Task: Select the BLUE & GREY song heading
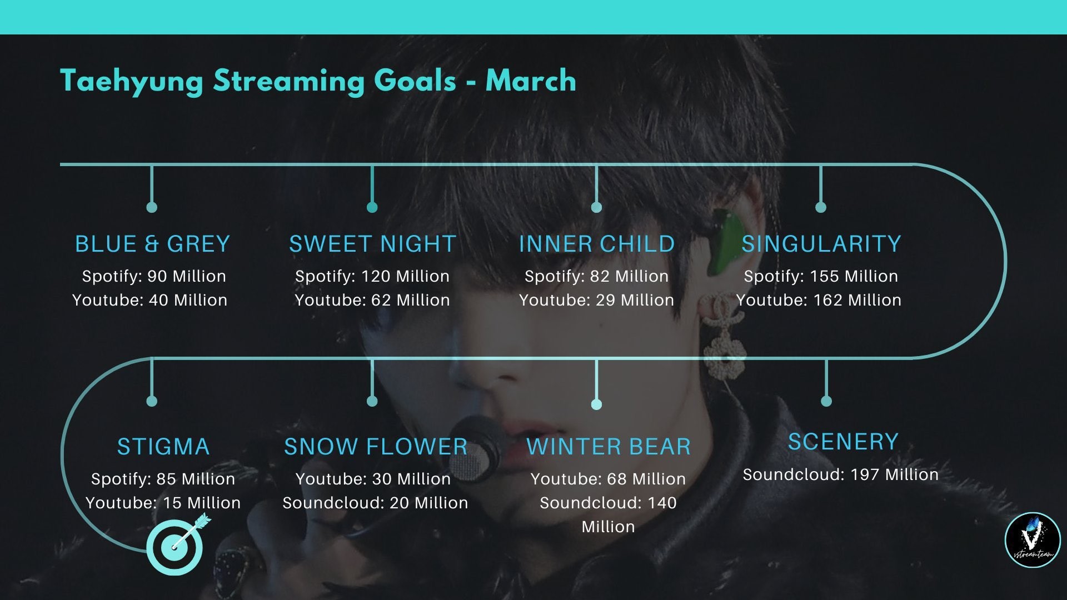pyautogui.click(x=152, y=244)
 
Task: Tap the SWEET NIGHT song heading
pyautogui.click(x=372, y=244)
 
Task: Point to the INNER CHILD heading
pyautogui.click(x=597, y=244)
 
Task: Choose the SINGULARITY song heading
pyautogui.click(x=821, y=244)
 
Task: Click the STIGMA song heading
pyautogui.click(x=163, y=447)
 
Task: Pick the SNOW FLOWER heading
pyautogui.click(x=376, y=447)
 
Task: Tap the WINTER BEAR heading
pyautogui.click(x=609, y=447)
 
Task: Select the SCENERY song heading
pyautogui.click(x=843, y=442)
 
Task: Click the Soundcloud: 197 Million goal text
pyautogui.click(x=841, y=474)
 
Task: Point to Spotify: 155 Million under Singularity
pyautogui.click(x=821, y=276)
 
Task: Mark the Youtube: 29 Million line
pyautogui.click(x=596, y=300)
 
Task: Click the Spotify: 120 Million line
pyautogui.click(x=372, y=276)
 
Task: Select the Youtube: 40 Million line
pyautogui.click(x=150, y=300)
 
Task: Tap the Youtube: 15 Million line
pyautogui.click(x=163, y=503)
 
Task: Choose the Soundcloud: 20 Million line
pyautogui.click(x=375, y=503)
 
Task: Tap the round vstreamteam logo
pyautogui.click(x=1033, y=540)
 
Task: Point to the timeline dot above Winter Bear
pyautogui.click(x=596, y=404)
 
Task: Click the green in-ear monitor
pyautogui.click(x=727, y=239)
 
